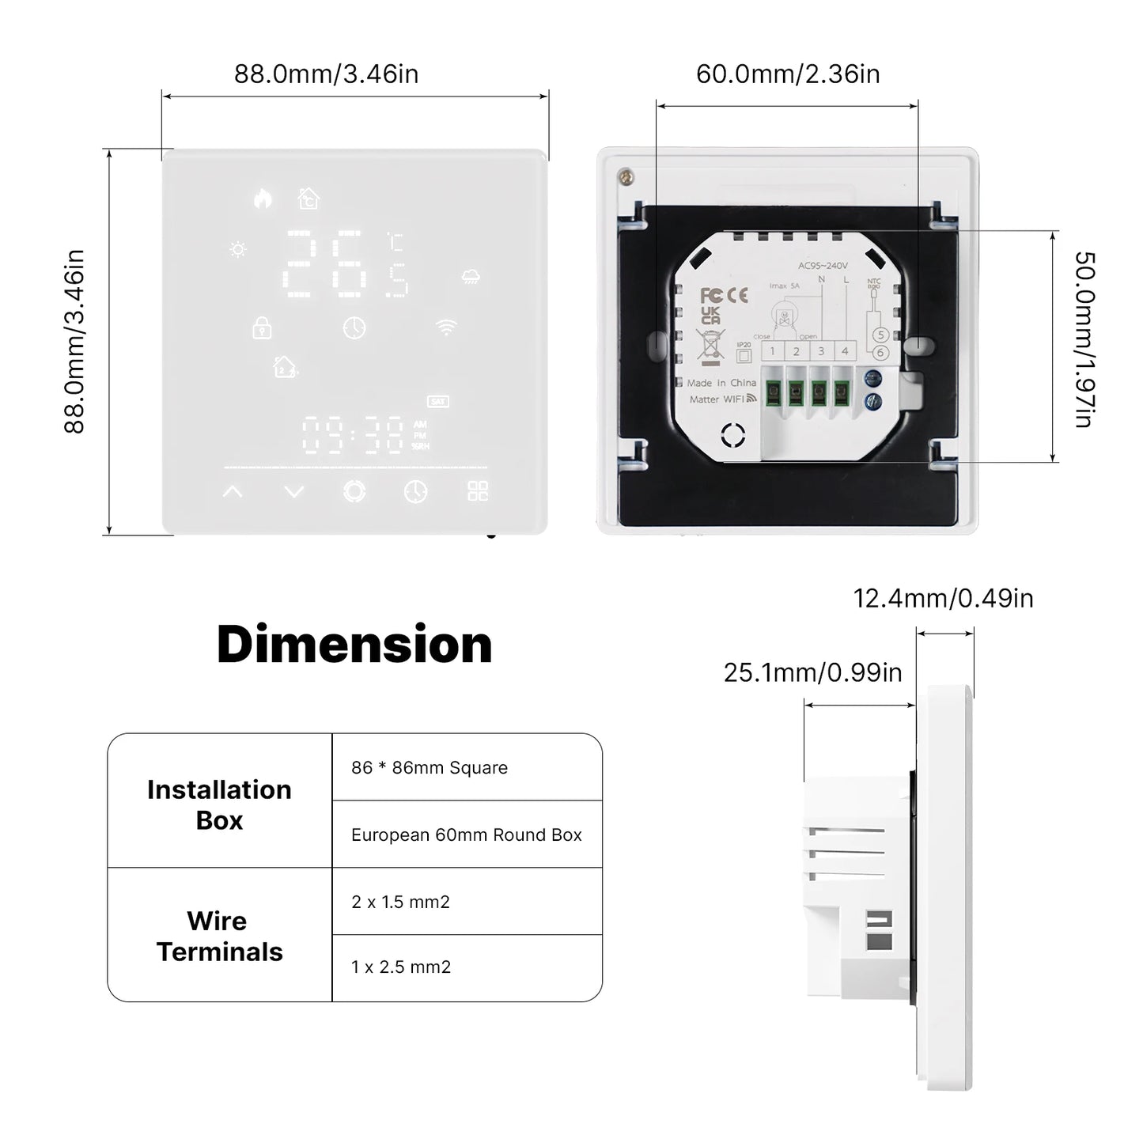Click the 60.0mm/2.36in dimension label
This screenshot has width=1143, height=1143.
787,74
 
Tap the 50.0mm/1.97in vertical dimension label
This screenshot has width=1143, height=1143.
1084,340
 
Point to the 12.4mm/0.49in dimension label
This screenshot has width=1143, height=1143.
943,598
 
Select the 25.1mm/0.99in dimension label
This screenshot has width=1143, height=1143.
812,672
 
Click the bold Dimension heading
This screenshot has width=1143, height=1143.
354,644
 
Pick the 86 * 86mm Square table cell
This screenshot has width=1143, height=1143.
430,768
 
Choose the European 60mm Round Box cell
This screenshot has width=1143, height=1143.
466,835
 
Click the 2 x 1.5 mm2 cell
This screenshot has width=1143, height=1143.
400,902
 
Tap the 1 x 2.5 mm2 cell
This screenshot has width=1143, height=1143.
401,967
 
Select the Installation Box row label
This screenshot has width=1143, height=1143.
219,804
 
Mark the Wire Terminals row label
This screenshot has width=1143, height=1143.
219,936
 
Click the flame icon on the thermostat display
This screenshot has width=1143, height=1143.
263,199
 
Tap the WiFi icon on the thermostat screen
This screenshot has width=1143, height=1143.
446,327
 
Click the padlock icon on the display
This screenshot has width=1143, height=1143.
261,327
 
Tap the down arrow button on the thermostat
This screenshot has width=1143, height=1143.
294,492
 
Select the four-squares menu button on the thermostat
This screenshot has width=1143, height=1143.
478,491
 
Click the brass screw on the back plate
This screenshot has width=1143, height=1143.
626,177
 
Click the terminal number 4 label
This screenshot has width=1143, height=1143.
845,351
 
